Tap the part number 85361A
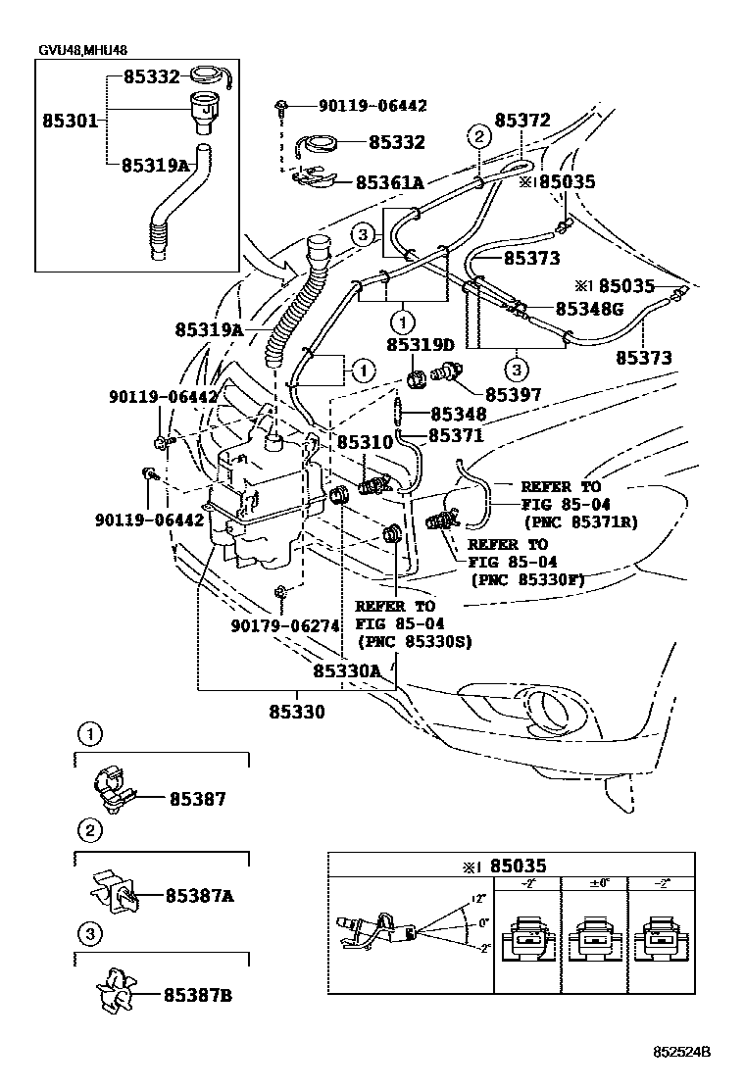click(x=389, y=182)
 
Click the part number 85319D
click(x=420, y=345)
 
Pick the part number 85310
click(x=365, y=443)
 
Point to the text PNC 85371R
click(x=580, y=522)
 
